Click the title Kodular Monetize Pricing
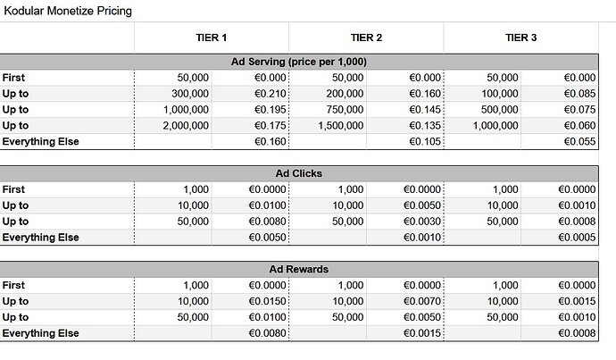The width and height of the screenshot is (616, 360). (x=69, y=12)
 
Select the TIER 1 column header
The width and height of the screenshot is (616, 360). (x=212, y=38)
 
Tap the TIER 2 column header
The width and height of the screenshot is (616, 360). (x=366, y=38)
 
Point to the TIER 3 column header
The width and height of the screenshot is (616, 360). (x=520, y=38)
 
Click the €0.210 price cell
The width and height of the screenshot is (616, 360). (x=269, y=93)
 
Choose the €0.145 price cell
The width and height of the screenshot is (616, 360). (x=423, y=109)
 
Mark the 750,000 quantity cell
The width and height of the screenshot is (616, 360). (x=339, y=109)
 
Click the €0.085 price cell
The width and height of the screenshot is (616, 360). (x=578, y=93)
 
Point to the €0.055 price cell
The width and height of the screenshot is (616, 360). (x=578, y=141)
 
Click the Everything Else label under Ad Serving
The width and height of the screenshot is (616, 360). (x=40, y=141)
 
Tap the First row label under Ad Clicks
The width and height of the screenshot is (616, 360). (x=13, y=189)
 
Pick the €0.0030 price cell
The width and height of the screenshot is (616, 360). (x=420, y=222)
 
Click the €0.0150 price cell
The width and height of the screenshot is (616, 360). (x=266, y=301)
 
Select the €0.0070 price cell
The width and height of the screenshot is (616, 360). (x=420, y=301)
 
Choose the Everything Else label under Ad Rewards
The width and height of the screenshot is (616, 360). (x=40, y=333)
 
